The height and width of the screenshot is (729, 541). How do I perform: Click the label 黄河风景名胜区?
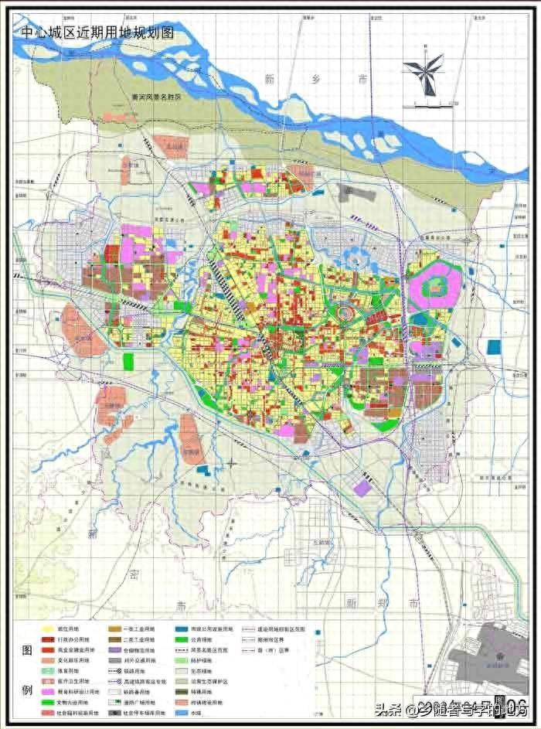tap(155, 98)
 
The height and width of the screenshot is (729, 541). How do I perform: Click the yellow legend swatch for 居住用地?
tap(49, 631)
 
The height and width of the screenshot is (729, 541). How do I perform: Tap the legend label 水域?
tap(206, 702)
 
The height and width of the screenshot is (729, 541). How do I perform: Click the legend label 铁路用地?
tap(139, 692)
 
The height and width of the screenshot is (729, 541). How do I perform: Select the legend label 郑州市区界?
tap(275, 641)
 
